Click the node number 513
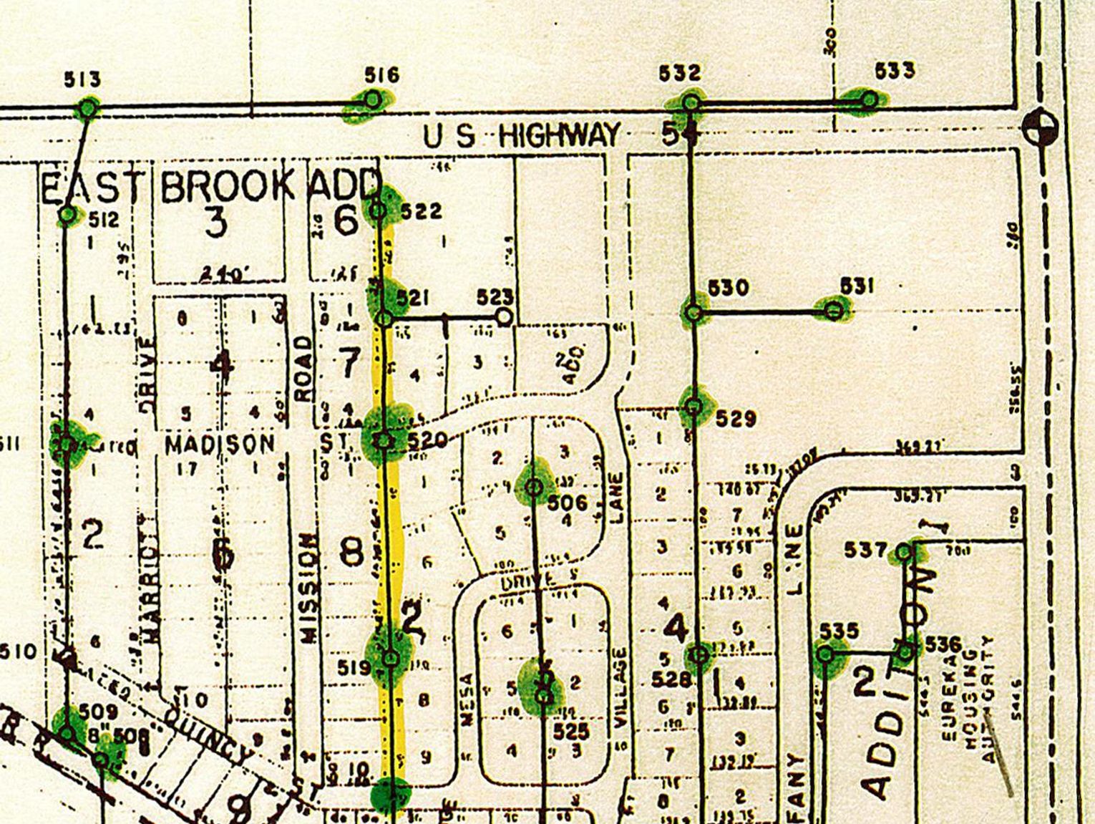82,79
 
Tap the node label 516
381,75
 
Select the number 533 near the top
895,72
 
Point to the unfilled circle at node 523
505,316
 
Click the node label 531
857,286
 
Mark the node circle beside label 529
693,406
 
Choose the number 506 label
567,503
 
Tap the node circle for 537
903,552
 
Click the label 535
838,631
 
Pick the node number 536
943,644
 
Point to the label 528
671,679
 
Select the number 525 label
571,732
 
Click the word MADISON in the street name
220,445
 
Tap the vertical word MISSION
309,588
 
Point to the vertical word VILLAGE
620,687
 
